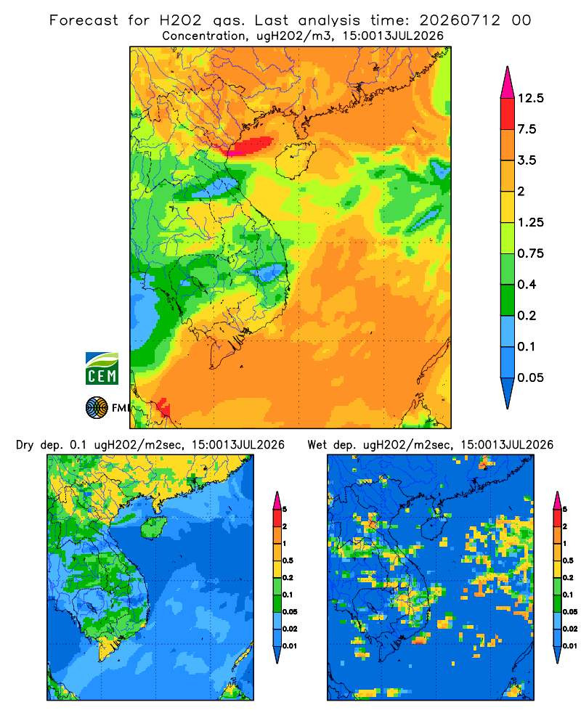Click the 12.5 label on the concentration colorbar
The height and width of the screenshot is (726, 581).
(530, 98)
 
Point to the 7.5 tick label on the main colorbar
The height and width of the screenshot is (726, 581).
(527, 129)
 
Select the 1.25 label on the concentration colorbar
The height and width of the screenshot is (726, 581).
(530, 222)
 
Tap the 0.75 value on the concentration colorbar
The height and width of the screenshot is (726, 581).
(530, 253)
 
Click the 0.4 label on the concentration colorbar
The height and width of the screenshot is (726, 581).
(527, 285)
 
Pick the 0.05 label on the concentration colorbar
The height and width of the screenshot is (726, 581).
(530, 378)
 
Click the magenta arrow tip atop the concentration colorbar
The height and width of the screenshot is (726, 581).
(508, 82)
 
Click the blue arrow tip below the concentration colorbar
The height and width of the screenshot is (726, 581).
(508, 393)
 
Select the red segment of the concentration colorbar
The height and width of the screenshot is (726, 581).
(508, 114)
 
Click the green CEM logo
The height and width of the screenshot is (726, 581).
(102, 369)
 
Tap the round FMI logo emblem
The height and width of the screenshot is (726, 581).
(97, 408)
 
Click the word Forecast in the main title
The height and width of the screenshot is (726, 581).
(84, 20)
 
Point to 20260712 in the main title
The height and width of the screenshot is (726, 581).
(460, 20)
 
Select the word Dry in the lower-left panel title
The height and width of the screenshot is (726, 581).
(25, 446)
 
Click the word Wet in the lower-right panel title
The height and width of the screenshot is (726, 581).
(317, 445)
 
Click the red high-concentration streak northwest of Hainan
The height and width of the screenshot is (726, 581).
(249, 146)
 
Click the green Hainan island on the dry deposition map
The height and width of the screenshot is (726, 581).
(153, 528)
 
